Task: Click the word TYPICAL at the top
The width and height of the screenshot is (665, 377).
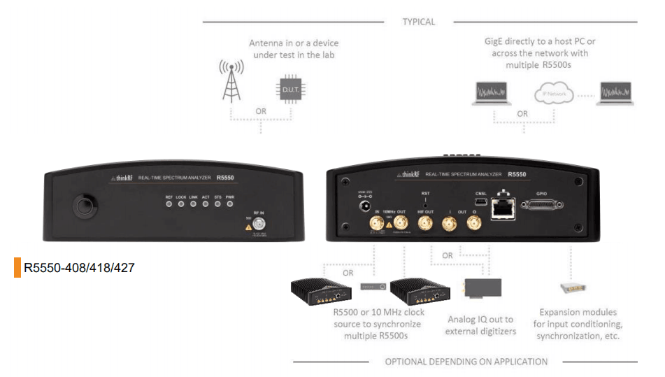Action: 418,22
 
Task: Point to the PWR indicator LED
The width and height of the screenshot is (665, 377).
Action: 230,204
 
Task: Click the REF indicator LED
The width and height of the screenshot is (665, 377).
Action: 169,204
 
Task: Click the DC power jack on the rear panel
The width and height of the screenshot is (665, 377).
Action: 364,206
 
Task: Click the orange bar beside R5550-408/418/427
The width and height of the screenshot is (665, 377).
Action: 17,267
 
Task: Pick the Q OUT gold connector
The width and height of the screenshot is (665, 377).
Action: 474,223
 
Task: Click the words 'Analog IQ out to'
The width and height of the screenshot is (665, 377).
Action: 480,319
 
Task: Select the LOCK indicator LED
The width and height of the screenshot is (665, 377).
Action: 181,204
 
